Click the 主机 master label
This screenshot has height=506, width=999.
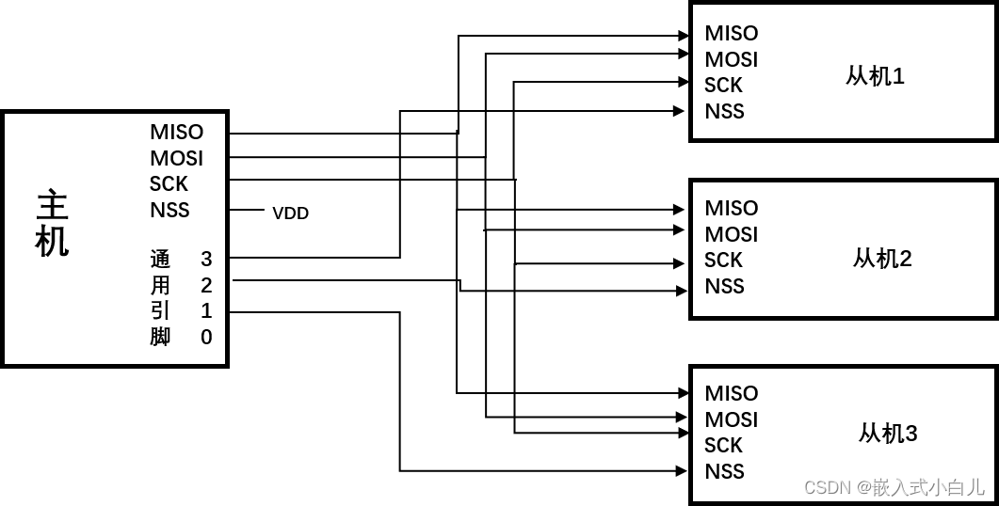(52, 223)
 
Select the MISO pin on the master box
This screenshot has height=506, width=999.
(176, 132)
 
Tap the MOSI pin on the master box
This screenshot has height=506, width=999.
(176, 158)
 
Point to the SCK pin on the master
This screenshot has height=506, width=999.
(169, 183)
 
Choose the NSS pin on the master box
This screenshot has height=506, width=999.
(169, 210)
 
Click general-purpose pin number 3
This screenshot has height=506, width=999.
(206, 259)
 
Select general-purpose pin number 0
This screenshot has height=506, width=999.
(206, 337)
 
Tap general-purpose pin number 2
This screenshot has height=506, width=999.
(206, 285)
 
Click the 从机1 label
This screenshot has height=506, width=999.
(875, 76)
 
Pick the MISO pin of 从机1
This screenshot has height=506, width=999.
(731, 33)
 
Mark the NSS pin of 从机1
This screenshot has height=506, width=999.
(724, 111)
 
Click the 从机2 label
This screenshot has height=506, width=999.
(882, 258)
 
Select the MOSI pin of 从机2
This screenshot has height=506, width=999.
(731, 234)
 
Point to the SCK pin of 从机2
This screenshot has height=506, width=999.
(723, 260)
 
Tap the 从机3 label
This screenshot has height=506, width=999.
(887, 433)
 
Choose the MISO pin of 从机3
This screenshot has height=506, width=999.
(731, 393)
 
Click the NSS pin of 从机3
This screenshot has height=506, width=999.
(724, 471)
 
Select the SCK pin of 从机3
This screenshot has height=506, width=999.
(723, 445)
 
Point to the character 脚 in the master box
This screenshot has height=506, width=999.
(160, 337)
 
